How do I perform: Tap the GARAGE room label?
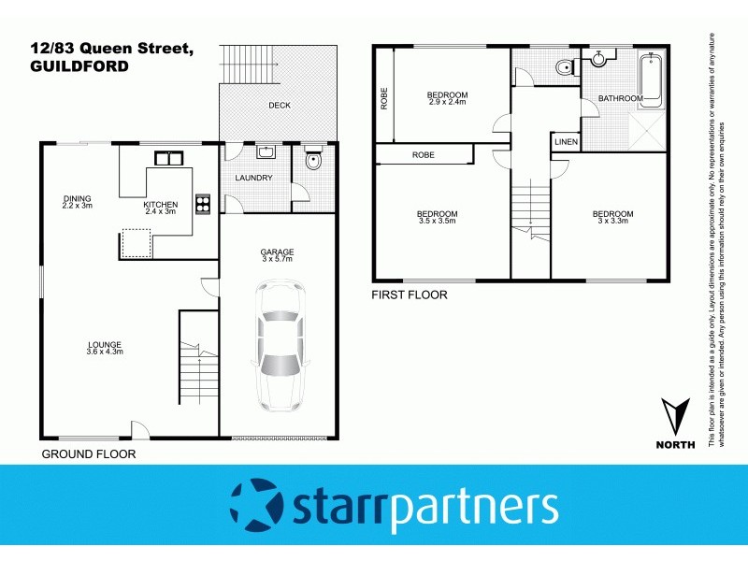tap(278, 252)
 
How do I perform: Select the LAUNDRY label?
tap(254, 178)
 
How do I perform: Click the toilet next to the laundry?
tap(314, 164)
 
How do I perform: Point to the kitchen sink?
tap(167, 158)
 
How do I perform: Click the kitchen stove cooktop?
tap(202, 204)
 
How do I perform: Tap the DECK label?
tap(279, 106)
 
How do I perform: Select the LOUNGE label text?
tap(105, 344)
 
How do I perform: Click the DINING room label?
tap(77, 198)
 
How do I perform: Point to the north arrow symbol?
tap(675, 418)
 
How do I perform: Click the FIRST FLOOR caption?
tap(410, 295)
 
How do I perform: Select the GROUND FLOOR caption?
tap(89, 454)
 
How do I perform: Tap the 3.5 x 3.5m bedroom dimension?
tap(437, 222)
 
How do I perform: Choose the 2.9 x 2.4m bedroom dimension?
tap(447, 101)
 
